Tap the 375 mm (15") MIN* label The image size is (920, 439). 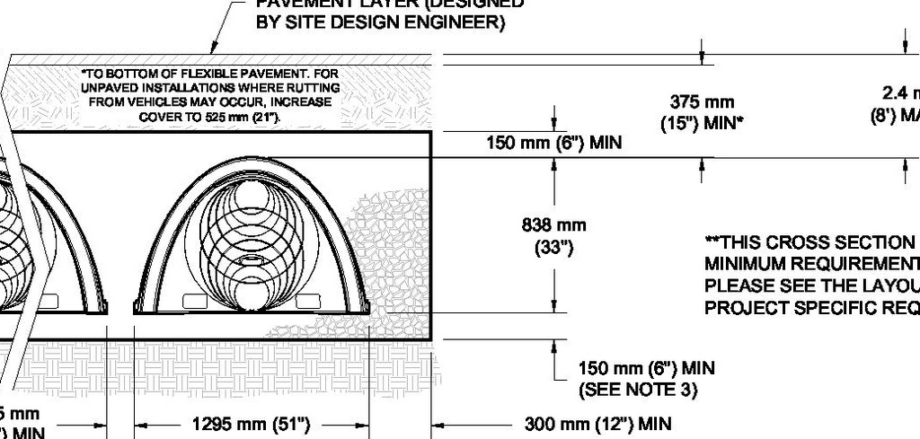(702, 112)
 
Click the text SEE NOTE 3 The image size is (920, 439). (638, 390)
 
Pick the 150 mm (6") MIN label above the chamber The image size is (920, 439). (553, 142)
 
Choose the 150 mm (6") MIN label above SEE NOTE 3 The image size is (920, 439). (647, 368)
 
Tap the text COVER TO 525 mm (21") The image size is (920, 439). (209, 118)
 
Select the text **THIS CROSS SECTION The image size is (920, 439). (809, 242)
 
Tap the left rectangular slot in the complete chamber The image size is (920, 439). (195, 300)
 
